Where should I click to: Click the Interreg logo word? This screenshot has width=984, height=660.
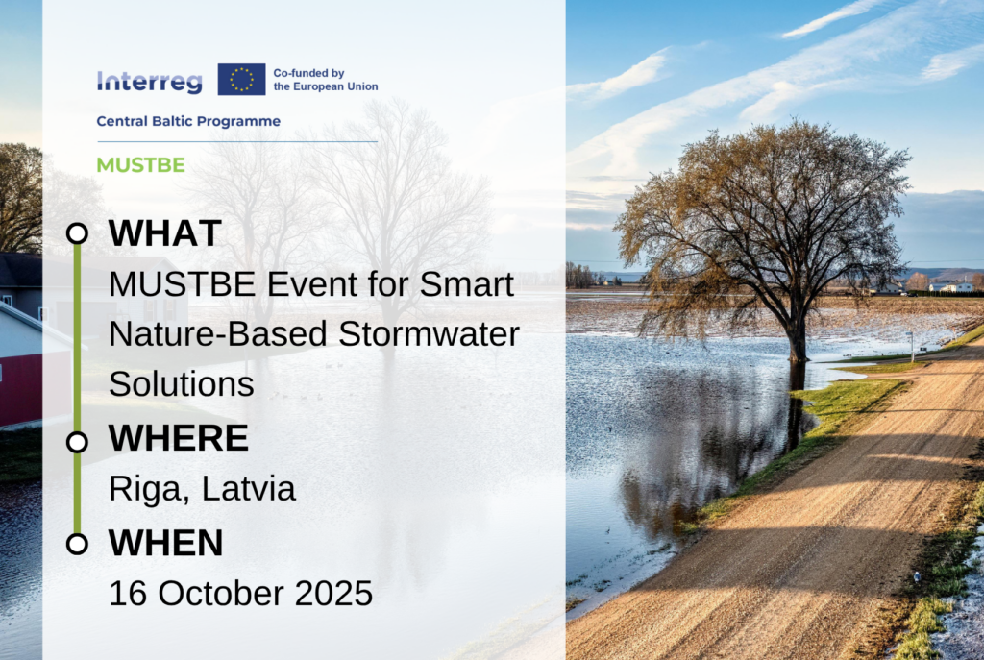coord(149,82)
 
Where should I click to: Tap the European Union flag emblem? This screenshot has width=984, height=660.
coord(241,79)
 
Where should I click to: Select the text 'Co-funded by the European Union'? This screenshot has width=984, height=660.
coord(326,80)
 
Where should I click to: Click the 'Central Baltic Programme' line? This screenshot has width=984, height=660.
coord(188,121)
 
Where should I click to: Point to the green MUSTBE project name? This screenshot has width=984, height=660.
coord(140,165)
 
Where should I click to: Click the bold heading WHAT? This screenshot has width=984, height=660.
coord(165,233)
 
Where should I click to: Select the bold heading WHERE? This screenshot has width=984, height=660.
coord(179,438)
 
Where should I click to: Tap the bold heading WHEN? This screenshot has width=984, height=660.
coord(165,543)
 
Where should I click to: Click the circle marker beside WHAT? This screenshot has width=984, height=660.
coord(77,233)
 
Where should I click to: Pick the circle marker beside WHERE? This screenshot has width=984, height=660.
coord(77,442)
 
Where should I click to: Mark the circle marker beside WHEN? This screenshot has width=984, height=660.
coord(77,544)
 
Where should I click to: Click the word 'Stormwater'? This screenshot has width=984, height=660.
coord(430,333)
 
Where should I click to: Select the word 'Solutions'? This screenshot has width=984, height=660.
coord(182,384)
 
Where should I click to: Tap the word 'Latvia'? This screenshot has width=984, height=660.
coord(249,489)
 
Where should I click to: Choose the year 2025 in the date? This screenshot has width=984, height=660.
coord(333,594)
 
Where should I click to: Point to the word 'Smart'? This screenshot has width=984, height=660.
coord(467,284)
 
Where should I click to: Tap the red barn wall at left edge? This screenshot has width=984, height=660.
coord(21,388)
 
